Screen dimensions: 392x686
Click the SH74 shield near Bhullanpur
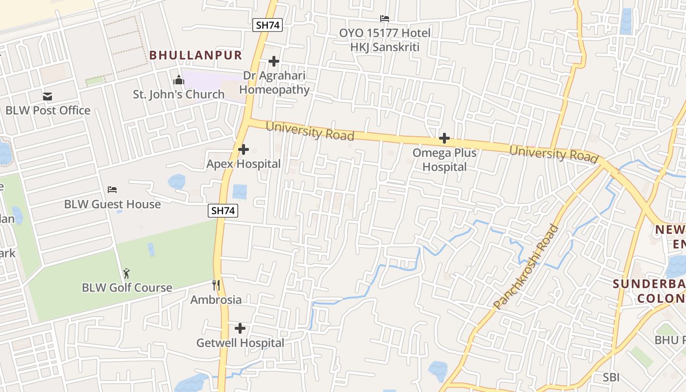tap(268, 25)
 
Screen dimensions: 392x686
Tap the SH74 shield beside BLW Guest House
tap(223, 211)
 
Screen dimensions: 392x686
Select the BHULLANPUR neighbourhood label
tap(196, 55)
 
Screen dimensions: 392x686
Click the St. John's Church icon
tap(179, 80)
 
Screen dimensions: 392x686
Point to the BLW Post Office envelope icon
tap(48, 97)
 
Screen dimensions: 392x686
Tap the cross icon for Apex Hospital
tap(243, 149)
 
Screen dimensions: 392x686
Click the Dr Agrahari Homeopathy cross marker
tap(274, 61)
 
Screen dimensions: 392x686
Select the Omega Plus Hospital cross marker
tap(444, 138)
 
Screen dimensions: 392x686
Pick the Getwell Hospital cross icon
tap(240, 328)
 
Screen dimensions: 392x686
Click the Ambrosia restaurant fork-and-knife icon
tap(216, 285)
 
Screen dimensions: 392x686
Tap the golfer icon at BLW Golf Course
tap(127, 273)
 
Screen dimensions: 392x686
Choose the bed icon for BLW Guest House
tap(112, 190)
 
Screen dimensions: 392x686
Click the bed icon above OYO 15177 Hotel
tap(385, 19)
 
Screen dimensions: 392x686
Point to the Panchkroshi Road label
tap(526, 267)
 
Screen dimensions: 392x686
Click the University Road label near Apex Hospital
tap(310, 131)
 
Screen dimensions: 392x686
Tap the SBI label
tap(611, 377)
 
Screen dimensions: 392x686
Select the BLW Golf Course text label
tap(127, 288)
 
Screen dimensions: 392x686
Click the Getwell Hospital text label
tap(240, 343)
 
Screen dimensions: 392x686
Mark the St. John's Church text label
tap(179, 94)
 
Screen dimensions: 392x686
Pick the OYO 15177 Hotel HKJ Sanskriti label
tap(385, 40)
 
